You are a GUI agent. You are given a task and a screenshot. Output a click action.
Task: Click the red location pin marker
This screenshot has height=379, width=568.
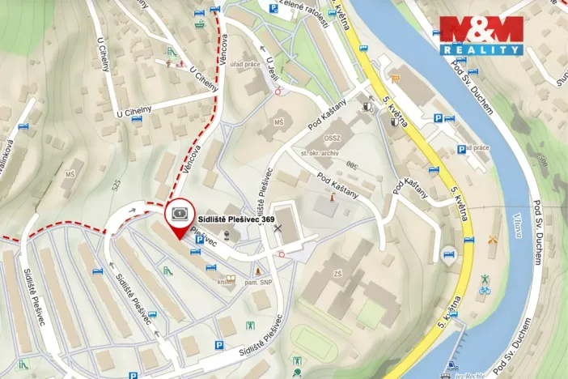pyautogui.click(x=178, y=215)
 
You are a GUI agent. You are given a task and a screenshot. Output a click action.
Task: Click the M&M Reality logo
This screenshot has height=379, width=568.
pyautogui.click(x=481, y=35)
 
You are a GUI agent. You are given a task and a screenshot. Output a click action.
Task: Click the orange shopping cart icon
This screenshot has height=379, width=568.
pyautogui.click(x=396, y=79)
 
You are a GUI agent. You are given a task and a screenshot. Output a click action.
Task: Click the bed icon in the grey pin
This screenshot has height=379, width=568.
pyautogui.click(x=447, y=253)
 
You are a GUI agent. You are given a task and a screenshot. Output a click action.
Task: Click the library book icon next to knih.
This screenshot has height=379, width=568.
pyautogui.click(x=231, y=280)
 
